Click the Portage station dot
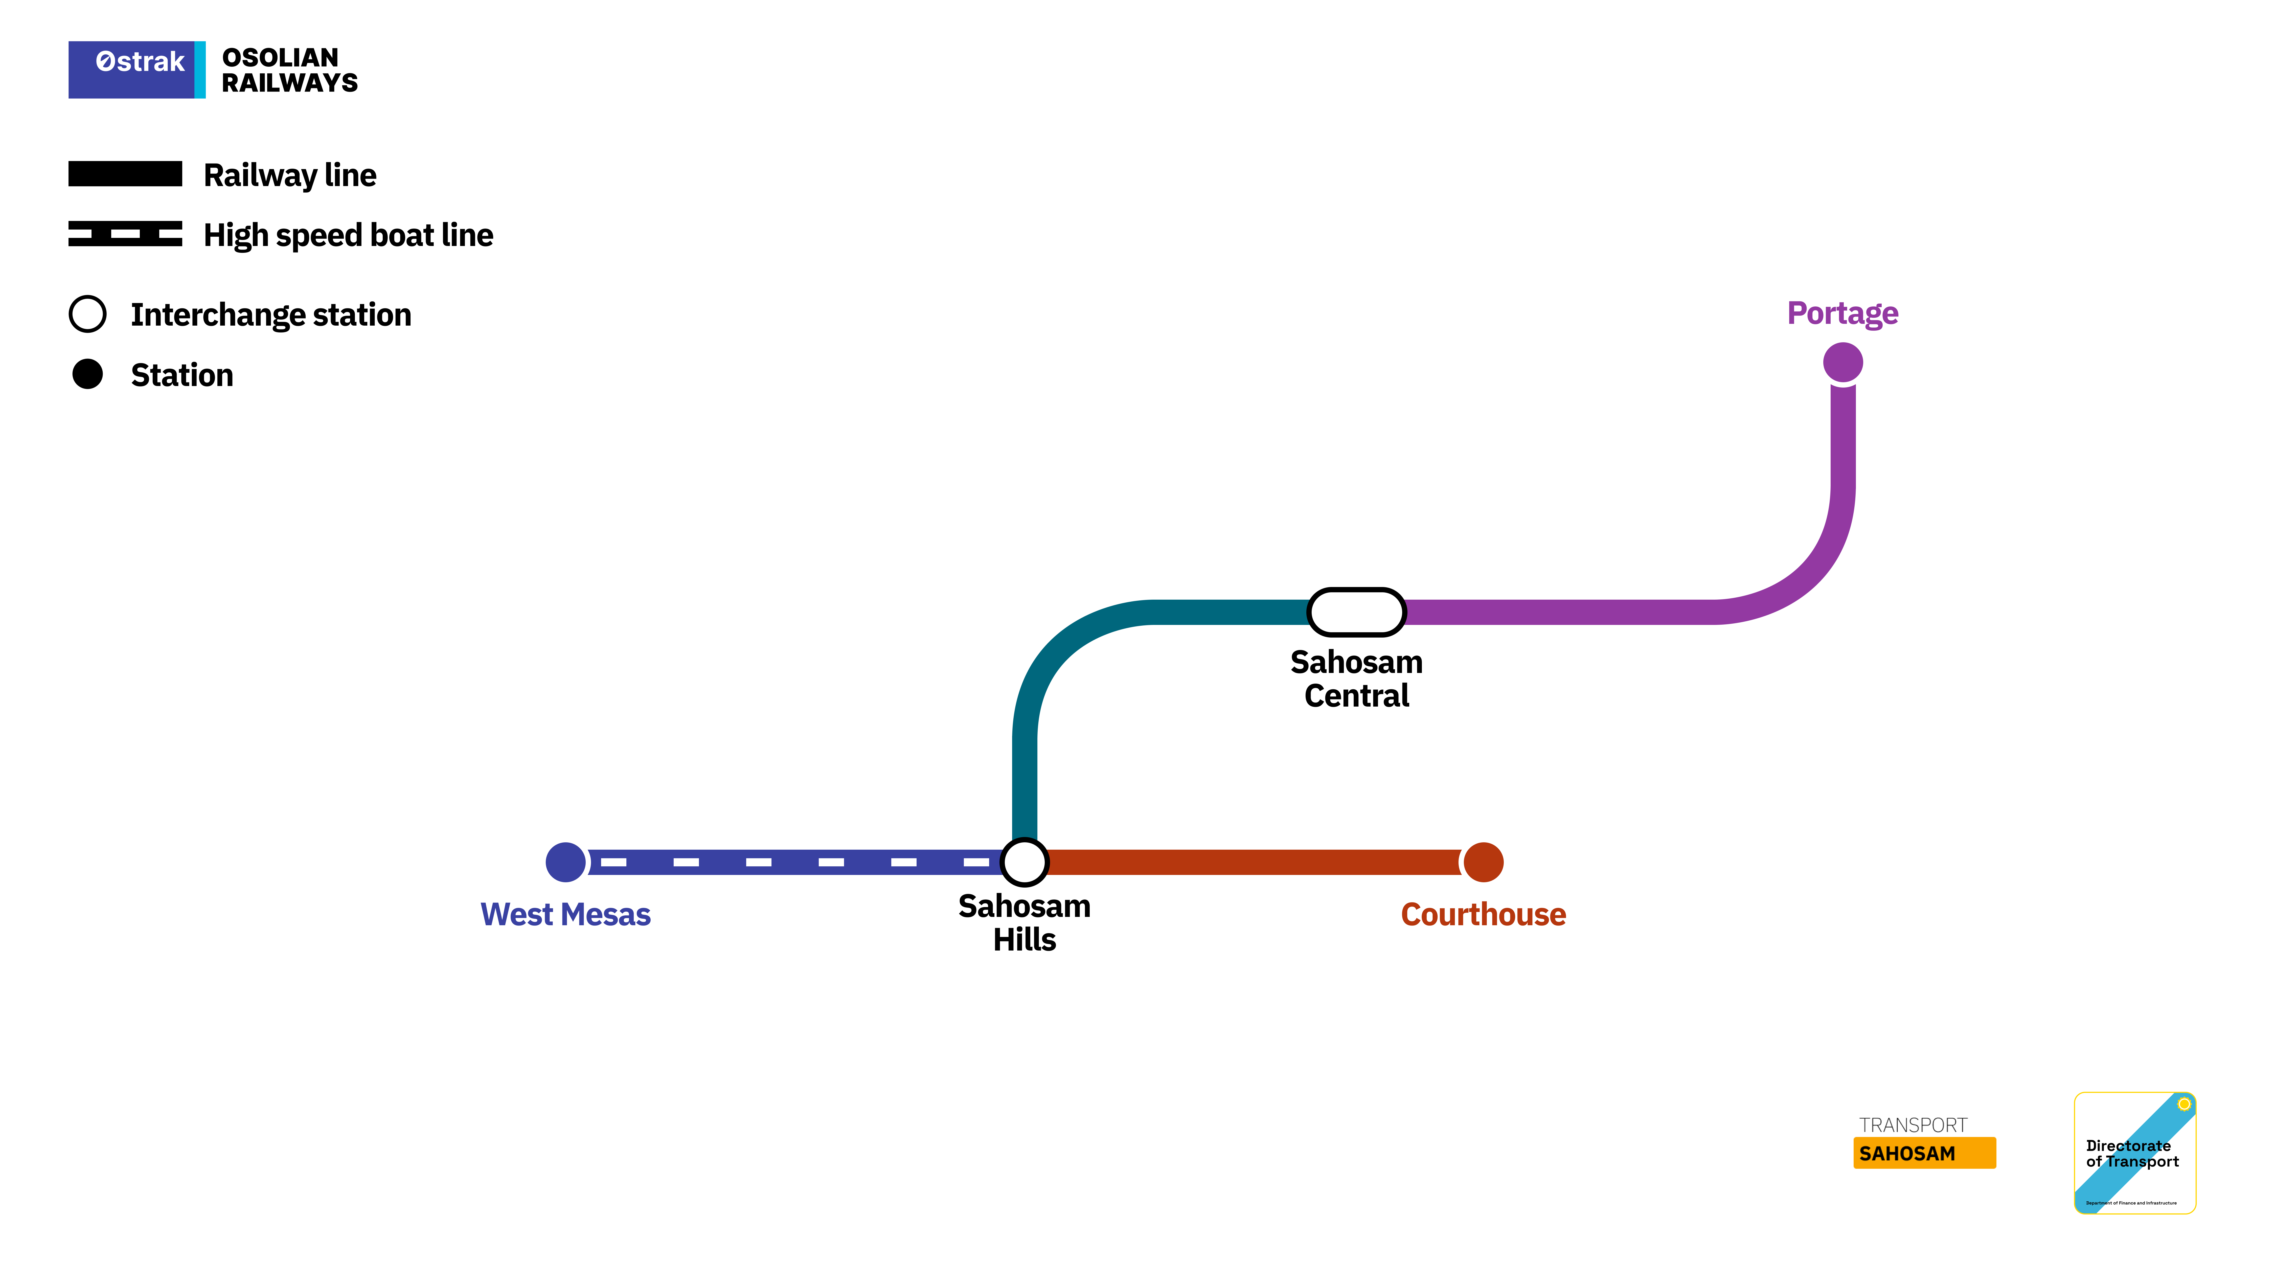point(1842,362)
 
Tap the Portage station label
point(1842,313)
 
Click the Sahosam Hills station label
point(1025,922)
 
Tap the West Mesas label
point(565,914)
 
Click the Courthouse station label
point(1483,914)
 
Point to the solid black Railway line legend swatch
point(125,174)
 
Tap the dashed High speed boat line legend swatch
point(125,234)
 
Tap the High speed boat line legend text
point(348,235)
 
